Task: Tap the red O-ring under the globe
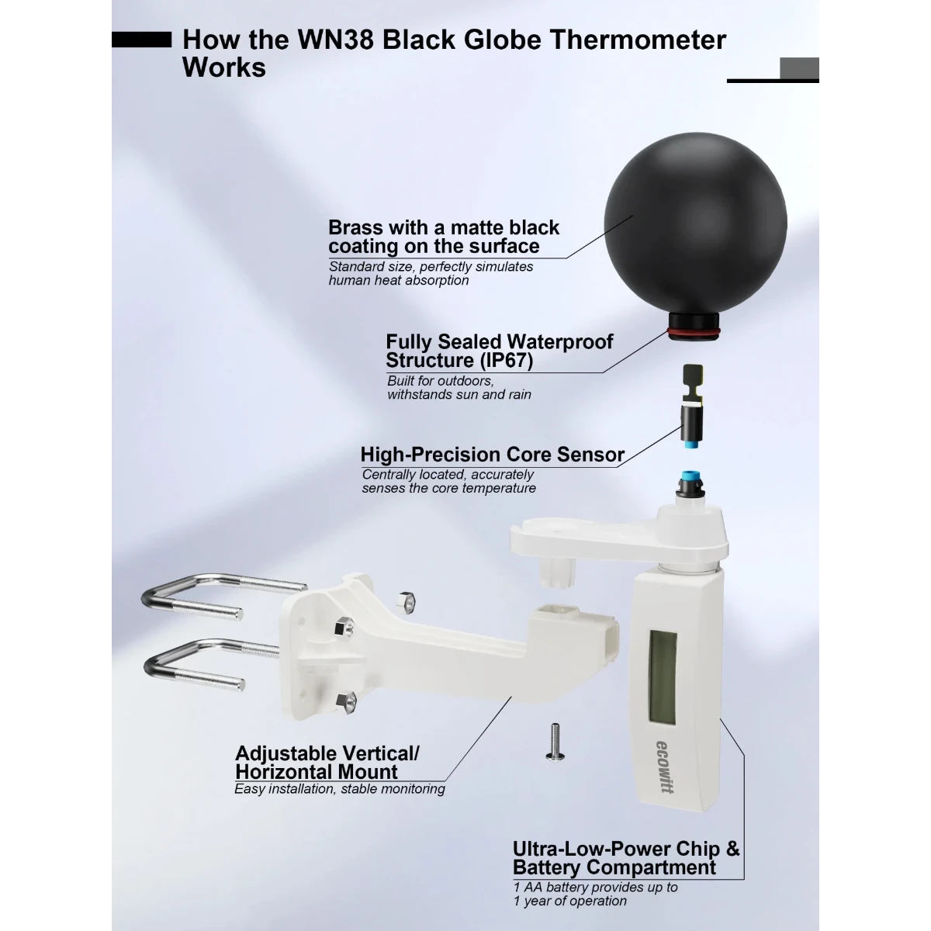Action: pos(694,331)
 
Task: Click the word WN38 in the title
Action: pos(336,40)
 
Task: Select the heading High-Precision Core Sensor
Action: pos(493,455)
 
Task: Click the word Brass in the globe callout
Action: pos(355,227)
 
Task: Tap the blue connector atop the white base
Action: pos(690,478)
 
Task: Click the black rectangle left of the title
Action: pos(141,40)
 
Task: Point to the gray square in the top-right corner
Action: pos(799,68)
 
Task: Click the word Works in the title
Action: pos(224,67)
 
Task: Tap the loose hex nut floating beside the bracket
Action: pos(406,602)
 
